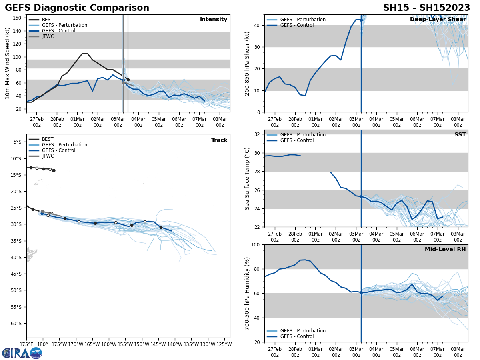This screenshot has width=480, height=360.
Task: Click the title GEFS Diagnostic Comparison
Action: click(x=77, y=8)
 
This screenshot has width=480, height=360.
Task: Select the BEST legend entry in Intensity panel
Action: click(x=47, y=20)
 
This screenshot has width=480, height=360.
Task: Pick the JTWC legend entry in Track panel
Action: click(x=48, y=156)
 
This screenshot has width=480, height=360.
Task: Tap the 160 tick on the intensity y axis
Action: click(x=18, y=18)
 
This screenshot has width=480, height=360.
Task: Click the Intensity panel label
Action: click(x=213, y=20)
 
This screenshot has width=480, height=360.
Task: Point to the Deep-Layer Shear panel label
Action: click(x=438, y=20)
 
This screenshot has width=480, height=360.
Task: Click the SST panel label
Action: click(x=460, y=135)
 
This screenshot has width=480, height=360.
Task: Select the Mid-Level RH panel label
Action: click(x=445, y=250)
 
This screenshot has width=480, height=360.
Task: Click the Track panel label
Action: click(x=219, y=140)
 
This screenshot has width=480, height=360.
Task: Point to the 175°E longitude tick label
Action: click(x=27, y=344)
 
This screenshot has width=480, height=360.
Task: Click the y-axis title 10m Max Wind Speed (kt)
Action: click(x=8, y=63)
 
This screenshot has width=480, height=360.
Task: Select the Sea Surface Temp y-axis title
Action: click(x=247, y=178)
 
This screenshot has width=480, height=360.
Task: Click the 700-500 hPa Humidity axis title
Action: click(x=247, y=293)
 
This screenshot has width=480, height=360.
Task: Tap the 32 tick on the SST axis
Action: click(x=258, y=134)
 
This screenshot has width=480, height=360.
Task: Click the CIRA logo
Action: click(x=22, y=353)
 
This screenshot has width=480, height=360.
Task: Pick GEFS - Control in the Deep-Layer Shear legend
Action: click(x=297, y=25)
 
